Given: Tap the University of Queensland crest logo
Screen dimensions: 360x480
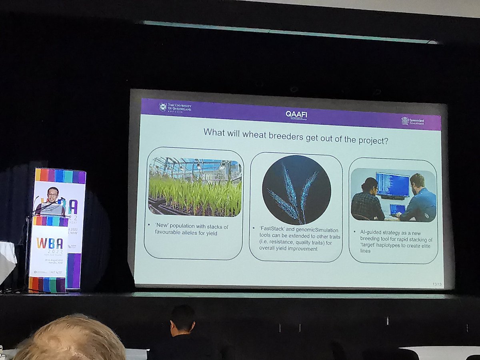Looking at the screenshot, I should pos(163,107).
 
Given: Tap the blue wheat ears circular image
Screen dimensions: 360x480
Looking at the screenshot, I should pos(296,190).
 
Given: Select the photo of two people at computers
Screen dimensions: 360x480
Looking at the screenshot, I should pos(393,196).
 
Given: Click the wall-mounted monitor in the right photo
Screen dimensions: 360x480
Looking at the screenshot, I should pos(392,185).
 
